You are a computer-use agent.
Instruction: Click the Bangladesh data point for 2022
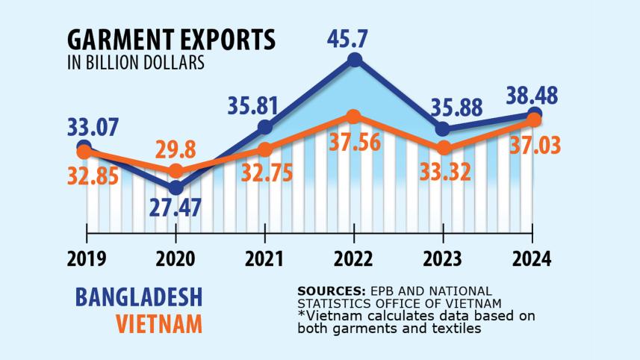pyautogui.click(x=355, y=60)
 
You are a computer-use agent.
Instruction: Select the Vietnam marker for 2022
pyautogui.click(x=355, y=116)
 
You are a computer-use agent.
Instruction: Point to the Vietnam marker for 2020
pyautogui.click(x=175, y=170)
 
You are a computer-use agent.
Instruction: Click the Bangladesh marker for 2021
pyautogui.click(x=264, y=127)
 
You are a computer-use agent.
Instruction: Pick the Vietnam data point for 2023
pyautogui.click(x=444, y=147)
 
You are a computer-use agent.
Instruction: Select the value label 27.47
pyautogui.click(x=175, y=208)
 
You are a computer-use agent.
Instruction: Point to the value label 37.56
pyautogui.click(x=355, y=143)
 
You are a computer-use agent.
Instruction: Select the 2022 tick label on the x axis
pyautogui.click(x=355, y=259)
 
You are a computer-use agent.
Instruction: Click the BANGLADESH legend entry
pyautogui.click(x=139, y=297)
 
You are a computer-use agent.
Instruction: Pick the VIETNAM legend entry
pyautogui.click(x=159, y=324)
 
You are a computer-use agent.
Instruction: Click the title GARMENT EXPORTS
pyautogui.click(x=170, y=40)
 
